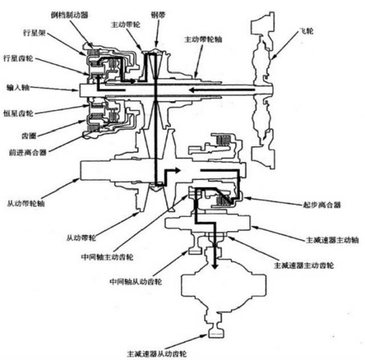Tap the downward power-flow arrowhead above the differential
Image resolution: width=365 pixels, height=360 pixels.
click(214, 265)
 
